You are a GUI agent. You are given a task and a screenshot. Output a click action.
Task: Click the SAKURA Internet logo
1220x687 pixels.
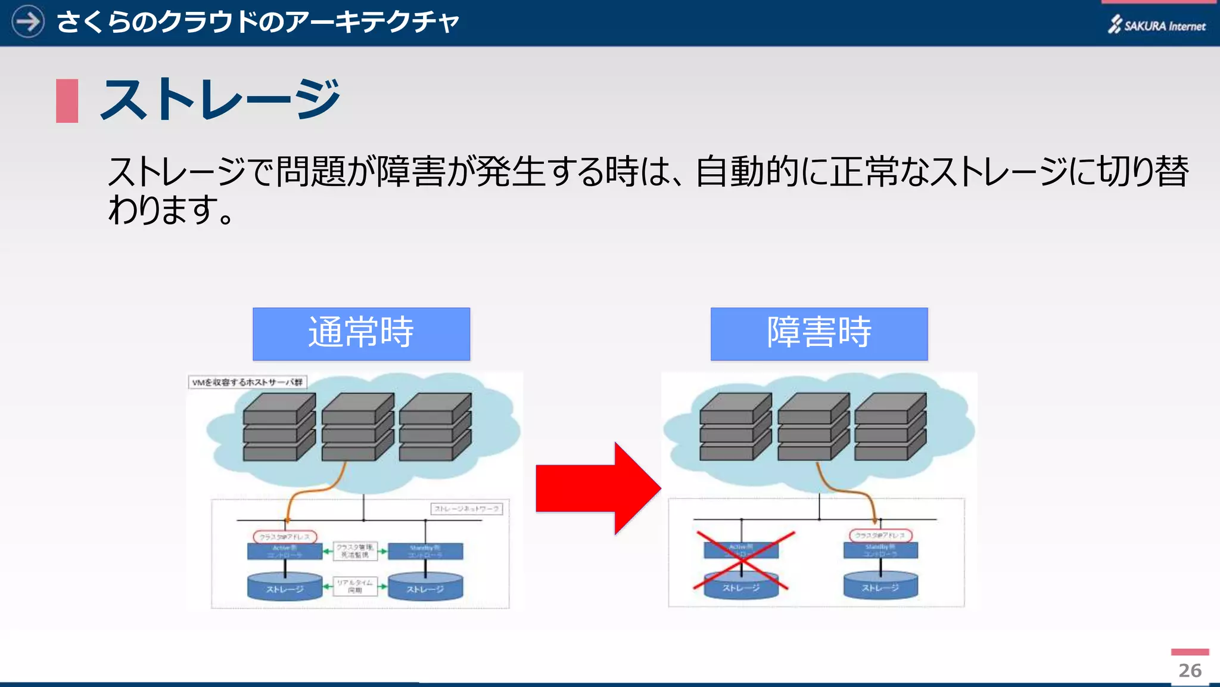coord(1156,25)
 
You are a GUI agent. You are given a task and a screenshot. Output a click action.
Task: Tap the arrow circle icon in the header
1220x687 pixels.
coord(27,21)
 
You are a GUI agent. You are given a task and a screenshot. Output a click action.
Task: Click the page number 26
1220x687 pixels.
coord(1190,670)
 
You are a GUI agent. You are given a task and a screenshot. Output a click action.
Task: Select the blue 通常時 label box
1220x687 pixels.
coord(361,334)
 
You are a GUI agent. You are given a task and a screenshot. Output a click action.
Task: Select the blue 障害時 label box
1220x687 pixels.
coord(818,334)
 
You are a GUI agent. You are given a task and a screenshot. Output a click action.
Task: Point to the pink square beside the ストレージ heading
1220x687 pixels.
coord(67,101)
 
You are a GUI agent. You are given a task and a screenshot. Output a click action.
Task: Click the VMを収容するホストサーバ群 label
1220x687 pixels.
coord(247,382)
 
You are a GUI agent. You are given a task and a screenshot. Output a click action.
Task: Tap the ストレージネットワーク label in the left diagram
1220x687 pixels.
coord(466,509)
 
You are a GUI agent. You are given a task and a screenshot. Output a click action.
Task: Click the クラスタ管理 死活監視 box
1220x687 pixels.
coord(355,551)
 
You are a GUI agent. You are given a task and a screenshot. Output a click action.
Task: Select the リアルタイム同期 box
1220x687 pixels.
coord(355,586)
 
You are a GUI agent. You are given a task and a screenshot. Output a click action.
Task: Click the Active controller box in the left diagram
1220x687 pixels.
coord(285,551)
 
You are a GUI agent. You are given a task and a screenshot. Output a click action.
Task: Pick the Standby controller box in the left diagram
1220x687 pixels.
coord(425,551)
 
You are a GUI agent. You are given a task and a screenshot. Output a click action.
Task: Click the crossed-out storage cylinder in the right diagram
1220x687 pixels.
coord(741,586)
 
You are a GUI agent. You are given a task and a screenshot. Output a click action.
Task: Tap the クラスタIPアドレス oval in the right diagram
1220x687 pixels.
coord(880,535)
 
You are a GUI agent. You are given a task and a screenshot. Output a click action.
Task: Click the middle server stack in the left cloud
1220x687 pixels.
coord(357,427)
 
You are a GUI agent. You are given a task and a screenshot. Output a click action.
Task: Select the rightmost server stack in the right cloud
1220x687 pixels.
coord(890,427)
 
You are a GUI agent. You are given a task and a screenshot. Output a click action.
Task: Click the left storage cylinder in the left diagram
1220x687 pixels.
coord(285,587)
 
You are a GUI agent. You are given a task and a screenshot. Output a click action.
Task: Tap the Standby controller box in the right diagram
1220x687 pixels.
coord(880,550)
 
